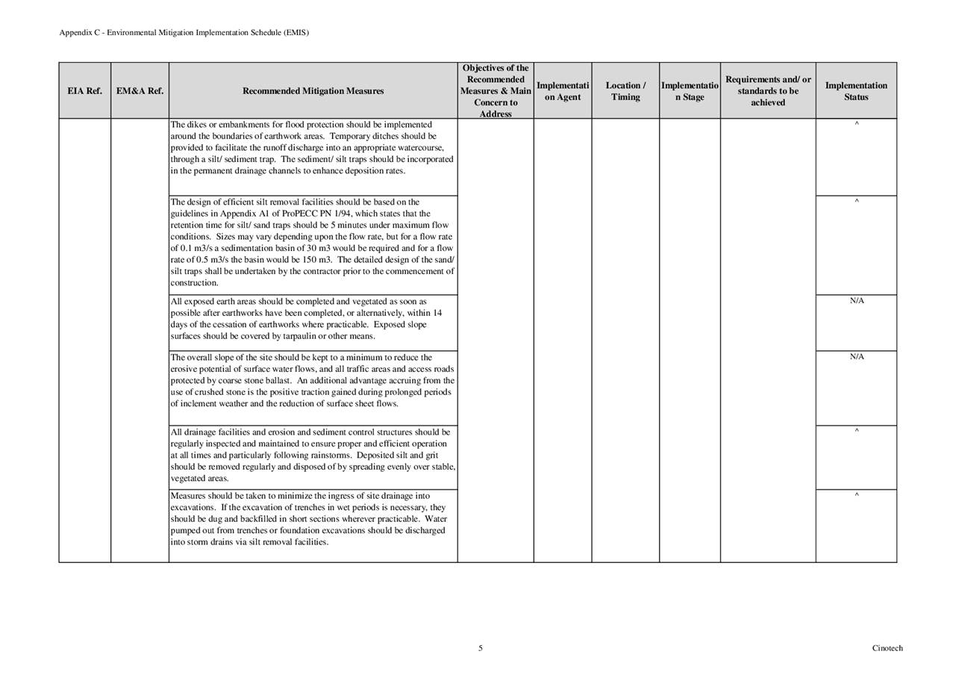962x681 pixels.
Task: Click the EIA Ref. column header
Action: (x=84, y=91)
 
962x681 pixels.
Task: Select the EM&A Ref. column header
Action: (x=140, y=91)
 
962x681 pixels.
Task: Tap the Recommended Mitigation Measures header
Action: (x=313, y=91)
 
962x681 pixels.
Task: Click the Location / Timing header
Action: (x=625, y=91)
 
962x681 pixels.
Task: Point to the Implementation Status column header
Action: (x=856, y=91)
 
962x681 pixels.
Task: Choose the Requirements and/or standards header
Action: (x=768, y=91)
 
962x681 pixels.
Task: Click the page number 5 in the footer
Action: (x=481, y=648)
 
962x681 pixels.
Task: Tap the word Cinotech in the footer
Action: (x=887, y=648)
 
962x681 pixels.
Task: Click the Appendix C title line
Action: (x=184, y=33)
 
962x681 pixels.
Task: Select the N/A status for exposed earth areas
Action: (x=856, y=301)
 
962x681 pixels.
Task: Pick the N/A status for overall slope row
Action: (x=856, y=357)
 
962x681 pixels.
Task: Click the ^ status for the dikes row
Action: (x=856, y=124)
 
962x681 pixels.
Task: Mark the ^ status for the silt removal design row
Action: (x=856, y=202)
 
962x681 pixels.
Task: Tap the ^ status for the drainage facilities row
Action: (x=856, y=432)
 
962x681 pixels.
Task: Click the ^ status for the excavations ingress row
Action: (x=856, y=495)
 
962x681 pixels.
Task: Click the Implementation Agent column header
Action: (x=563, y=91)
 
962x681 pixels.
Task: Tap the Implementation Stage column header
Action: (x=690, y=91)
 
